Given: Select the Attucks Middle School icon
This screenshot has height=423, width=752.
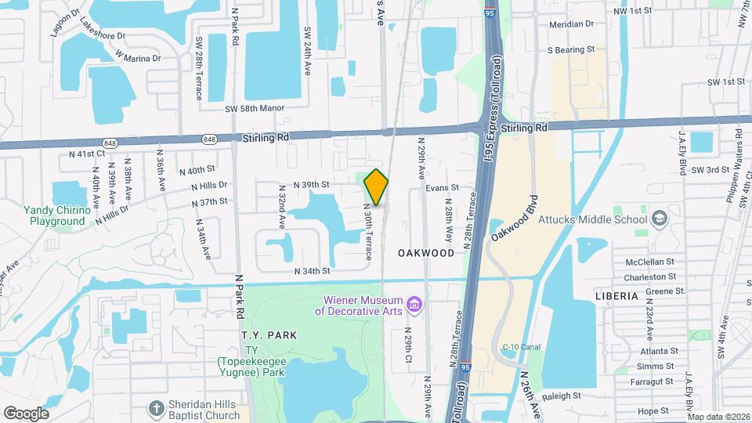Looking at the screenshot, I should pyautogui.click(x=659, y=218).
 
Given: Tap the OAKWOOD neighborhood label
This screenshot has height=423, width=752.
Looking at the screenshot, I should pyautogui.click(x=425, y=253).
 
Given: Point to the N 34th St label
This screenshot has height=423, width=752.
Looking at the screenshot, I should pyautogui.click(x=313, y=271).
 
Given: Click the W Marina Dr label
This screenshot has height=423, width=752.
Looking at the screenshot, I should pyautogui.click(x=137, y=56).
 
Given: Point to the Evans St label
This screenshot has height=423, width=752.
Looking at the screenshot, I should pyautogui.click(x=442, y=188).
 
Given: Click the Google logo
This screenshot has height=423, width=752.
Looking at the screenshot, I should pyautogui.click(x=26, y=414).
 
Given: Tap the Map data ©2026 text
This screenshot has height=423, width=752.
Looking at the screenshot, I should pyautogui.click(x=718, y=417).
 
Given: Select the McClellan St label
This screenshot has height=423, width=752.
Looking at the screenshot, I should pyautogui.click(x=650, y=262).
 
